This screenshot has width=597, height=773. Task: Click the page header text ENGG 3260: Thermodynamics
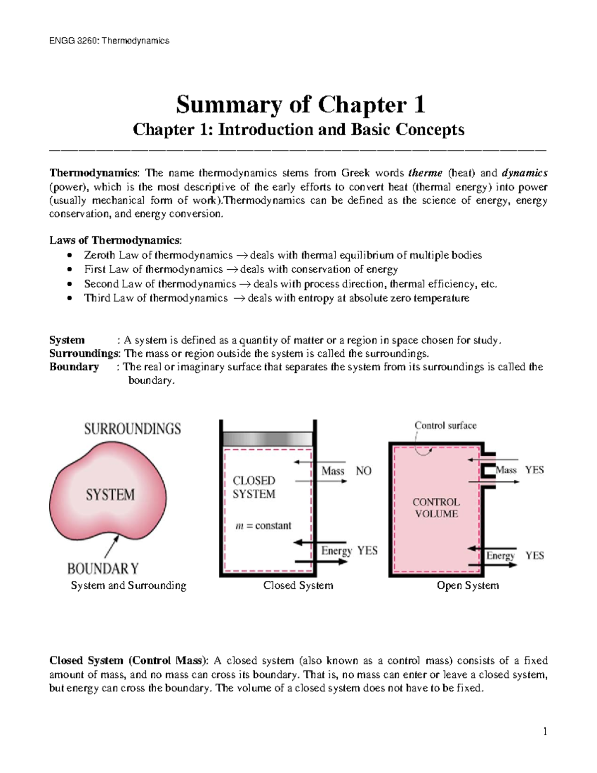click(109, 41)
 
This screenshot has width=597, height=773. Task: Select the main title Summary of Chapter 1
click(300, 105)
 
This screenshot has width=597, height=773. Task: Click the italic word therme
click(425, 173)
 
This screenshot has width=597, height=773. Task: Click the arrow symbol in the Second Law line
click(244, 284)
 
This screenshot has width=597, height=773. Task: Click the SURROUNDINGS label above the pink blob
click(132, 429)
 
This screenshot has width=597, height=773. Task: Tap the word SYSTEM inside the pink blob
click(110, 495)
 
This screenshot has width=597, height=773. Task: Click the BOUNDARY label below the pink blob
click(103, 568)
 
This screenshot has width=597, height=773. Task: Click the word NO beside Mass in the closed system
click(364, 471)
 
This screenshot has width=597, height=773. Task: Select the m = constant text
click(263, 526)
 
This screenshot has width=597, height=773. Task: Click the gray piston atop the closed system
click(268, 439)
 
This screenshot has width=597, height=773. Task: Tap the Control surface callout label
click(445, 426)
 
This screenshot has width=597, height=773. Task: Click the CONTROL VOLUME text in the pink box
click(436, 508)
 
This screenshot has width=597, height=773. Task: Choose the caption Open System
click(468, 585)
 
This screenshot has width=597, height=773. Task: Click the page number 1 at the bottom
click(545, 731)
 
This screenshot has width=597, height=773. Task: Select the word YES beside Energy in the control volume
click(535, 555)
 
